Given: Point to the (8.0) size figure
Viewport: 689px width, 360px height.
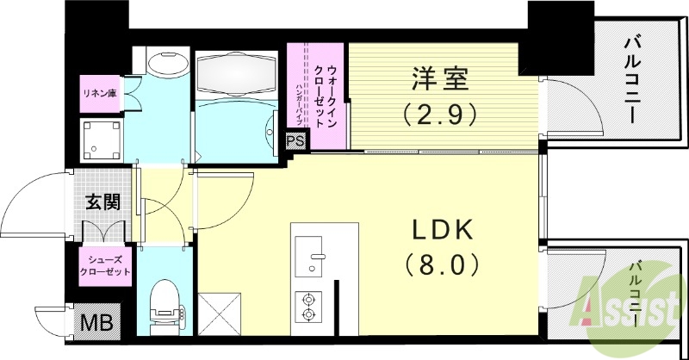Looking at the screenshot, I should (440, 263).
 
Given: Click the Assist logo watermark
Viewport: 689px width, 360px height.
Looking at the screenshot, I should (632, 306).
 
